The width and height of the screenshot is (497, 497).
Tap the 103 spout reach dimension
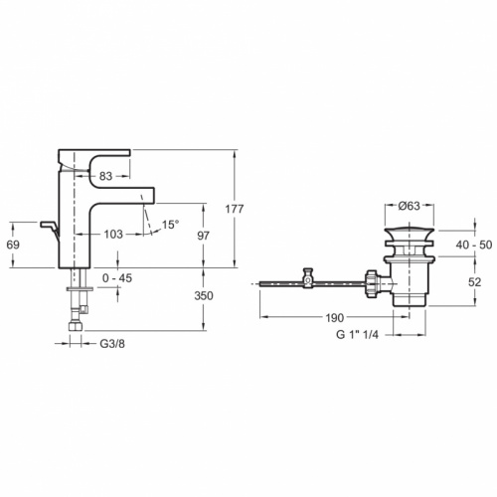112,234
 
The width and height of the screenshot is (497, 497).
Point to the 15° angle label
171,225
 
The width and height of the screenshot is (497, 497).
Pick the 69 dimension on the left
13,244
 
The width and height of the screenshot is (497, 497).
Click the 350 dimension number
204,295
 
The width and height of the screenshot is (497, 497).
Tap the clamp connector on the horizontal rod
308,279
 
